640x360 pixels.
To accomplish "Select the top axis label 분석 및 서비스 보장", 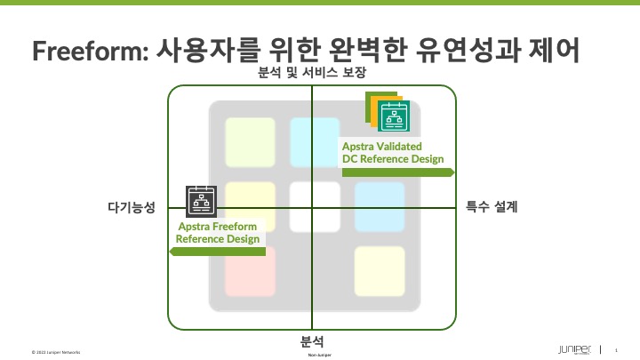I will point(311,73).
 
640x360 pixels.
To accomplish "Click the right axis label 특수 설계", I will point(492,207).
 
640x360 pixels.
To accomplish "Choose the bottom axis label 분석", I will point(311,340).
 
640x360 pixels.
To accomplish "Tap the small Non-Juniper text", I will point(320,355).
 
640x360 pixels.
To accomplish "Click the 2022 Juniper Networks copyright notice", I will point(55,352).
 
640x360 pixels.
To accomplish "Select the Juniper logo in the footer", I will point(579,349).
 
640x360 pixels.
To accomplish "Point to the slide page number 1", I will point(616,350).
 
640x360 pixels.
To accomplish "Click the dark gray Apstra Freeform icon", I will point(201,202).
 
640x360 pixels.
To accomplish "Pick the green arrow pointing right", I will point(398,172).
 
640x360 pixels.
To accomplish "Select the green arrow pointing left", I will point(218,252).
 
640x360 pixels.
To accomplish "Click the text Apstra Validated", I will point(382,145).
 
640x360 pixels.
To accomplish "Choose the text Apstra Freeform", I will point(218,227).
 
